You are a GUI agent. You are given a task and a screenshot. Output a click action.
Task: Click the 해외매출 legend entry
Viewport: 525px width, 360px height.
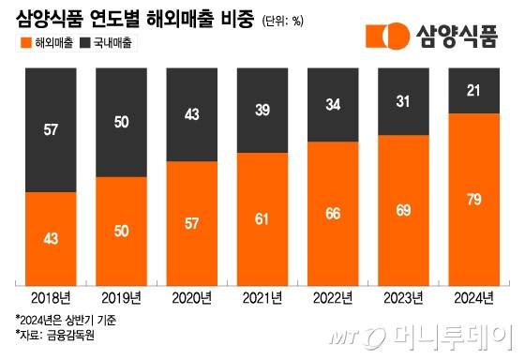(x=49, y=43)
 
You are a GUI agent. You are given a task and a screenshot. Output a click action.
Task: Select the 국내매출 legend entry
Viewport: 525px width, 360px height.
(x=114, y=43)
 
